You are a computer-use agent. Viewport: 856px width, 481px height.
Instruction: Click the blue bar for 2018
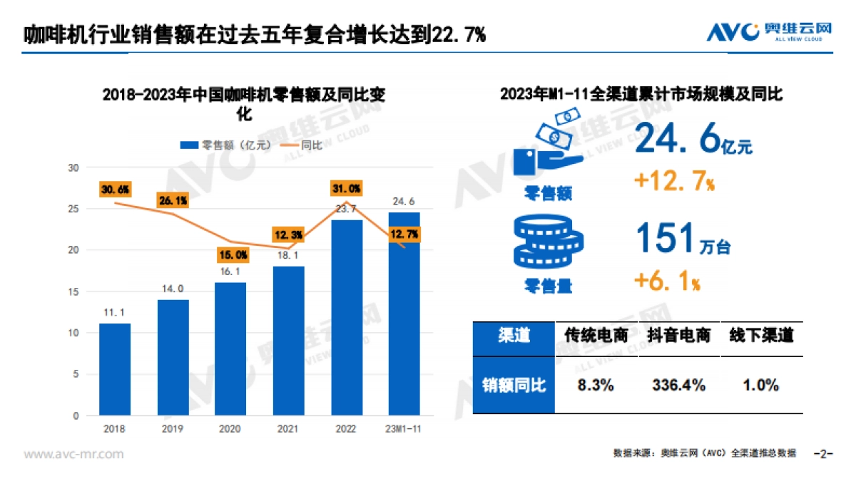click(114, 369)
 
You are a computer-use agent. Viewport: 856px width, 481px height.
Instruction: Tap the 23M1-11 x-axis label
click(404, 428)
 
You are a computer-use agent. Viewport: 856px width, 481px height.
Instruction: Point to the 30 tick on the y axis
click(73, 168)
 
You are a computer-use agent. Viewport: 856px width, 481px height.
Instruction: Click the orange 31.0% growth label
click(346, 189)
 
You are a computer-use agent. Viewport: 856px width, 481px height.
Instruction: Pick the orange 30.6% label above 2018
click(115, 190)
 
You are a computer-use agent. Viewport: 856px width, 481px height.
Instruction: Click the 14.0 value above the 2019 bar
click(173, 289)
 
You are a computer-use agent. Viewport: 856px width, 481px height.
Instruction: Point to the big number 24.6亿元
click(692, 140)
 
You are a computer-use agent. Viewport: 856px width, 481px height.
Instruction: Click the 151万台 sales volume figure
click(681, 239)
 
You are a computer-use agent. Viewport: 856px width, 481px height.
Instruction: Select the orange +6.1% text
click(667, 282)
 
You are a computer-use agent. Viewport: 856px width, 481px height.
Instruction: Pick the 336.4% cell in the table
click(678, 386)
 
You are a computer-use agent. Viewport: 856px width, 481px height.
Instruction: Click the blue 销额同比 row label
click(514, 386)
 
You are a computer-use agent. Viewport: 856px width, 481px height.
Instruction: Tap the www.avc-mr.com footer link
click(74, 454)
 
